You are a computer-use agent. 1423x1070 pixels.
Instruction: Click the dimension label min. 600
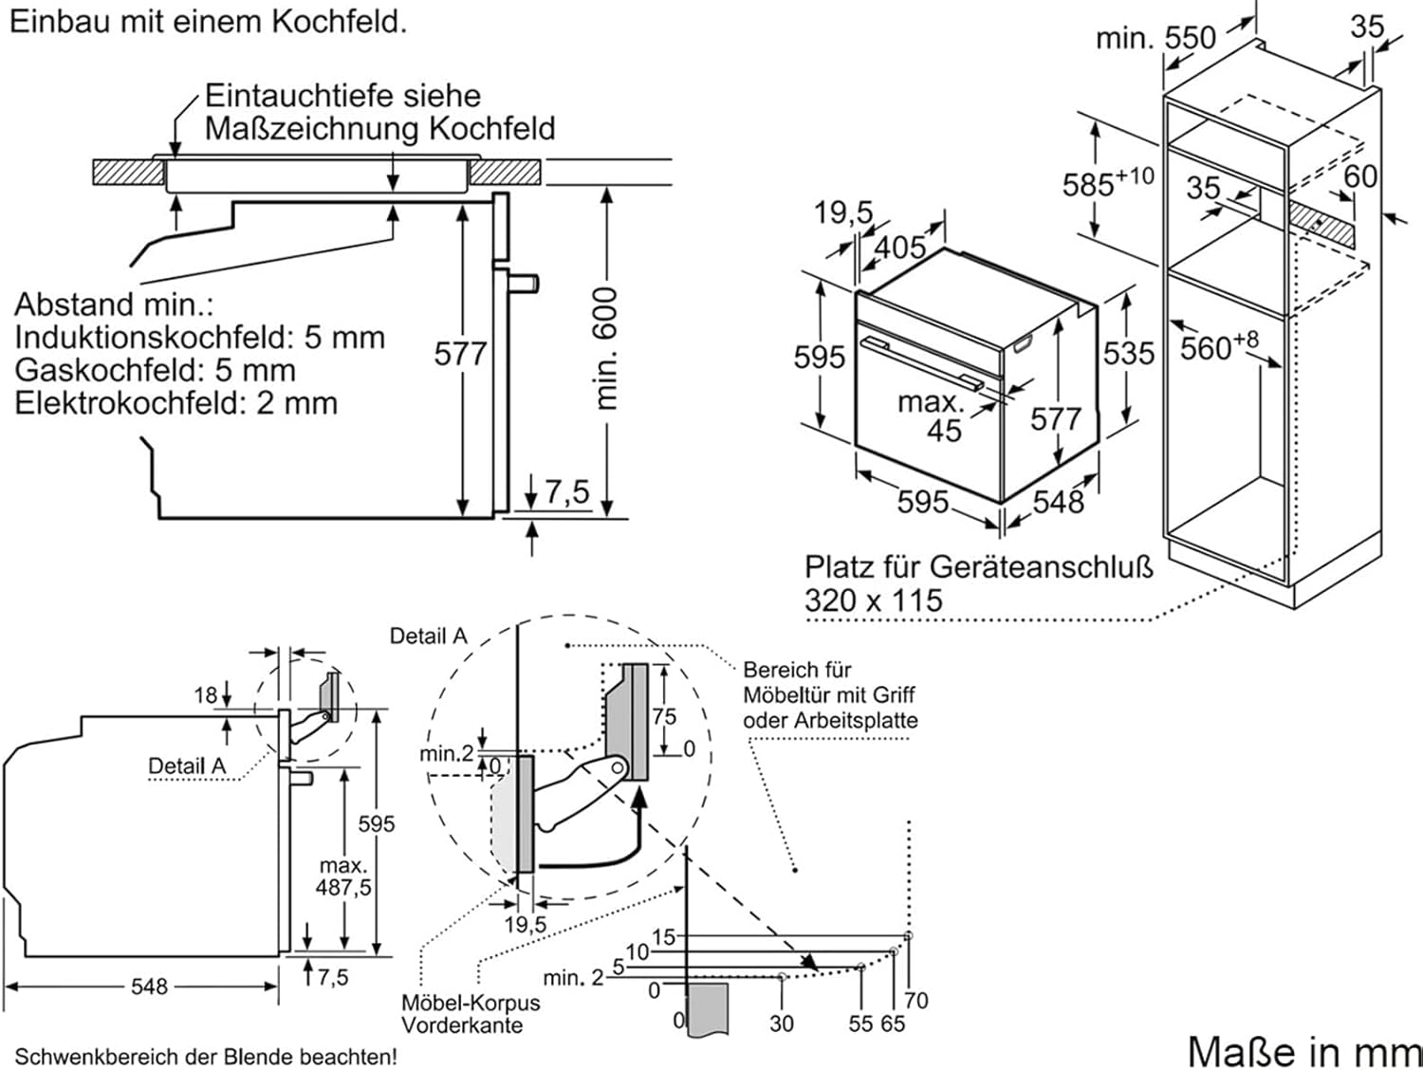coord(605,348)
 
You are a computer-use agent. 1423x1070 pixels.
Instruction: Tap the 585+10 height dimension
coord(1106,182)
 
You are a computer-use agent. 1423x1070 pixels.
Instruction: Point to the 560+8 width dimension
coord(1218,347)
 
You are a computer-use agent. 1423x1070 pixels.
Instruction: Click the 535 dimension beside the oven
coord(1128,353)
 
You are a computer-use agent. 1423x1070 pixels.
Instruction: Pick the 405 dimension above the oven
coord(898,247)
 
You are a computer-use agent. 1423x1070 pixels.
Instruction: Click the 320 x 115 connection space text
coord(873,600)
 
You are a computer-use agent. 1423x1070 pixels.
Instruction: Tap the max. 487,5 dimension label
coord(343,876)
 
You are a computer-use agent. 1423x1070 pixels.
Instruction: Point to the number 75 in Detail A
coord(664,716)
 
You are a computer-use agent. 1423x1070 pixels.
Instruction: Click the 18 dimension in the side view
coord(206,695)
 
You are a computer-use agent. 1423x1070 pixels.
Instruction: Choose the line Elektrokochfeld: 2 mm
coord(176,403)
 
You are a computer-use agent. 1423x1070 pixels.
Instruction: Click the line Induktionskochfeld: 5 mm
coord(199,338)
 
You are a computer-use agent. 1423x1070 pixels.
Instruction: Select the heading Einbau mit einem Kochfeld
coord(208,22)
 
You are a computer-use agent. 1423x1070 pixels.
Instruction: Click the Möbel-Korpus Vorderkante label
coord(471,1014)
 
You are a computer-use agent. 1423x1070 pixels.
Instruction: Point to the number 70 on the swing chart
coord(915,1000)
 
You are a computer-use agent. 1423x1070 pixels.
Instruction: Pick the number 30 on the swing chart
coord(781,1024)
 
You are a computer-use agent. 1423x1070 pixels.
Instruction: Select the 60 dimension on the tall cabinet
coord(1359,175)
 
